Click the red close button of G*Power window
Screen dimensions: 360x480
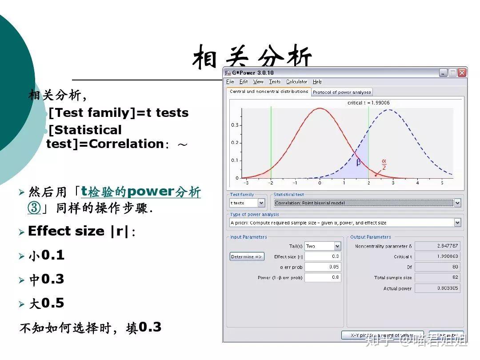(462, 72)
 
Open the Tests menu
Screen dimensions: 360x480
(275, 82)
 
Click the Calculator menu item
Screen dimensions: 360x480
(296, 82)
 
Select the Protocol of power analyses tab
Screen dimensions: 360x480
(342, 92)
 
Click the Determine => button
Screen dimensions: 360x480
(247, 256)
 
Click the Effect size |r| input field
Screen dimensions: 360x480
(323, 256)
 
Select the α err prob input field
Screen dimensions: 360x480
(323, 267)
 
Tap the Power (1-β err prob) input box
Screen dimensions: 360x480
(323, 278)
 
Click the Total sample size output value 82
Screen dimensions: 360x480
(437, 278)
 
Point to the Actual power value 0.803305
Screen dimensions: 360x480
(437, 288)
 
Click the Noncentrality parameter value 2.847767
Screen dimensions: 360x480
(437, 246)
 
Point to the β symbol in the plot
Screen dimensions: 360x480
(359, 163)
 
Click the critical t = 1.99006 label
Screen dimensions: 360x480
(368, 103)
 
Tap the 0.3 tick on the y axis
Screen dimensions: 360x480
(234, 125)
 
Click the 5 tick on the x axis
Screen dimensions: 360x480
(442, 183)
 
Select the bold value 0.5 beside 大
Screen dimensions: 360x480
(52, 304)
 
